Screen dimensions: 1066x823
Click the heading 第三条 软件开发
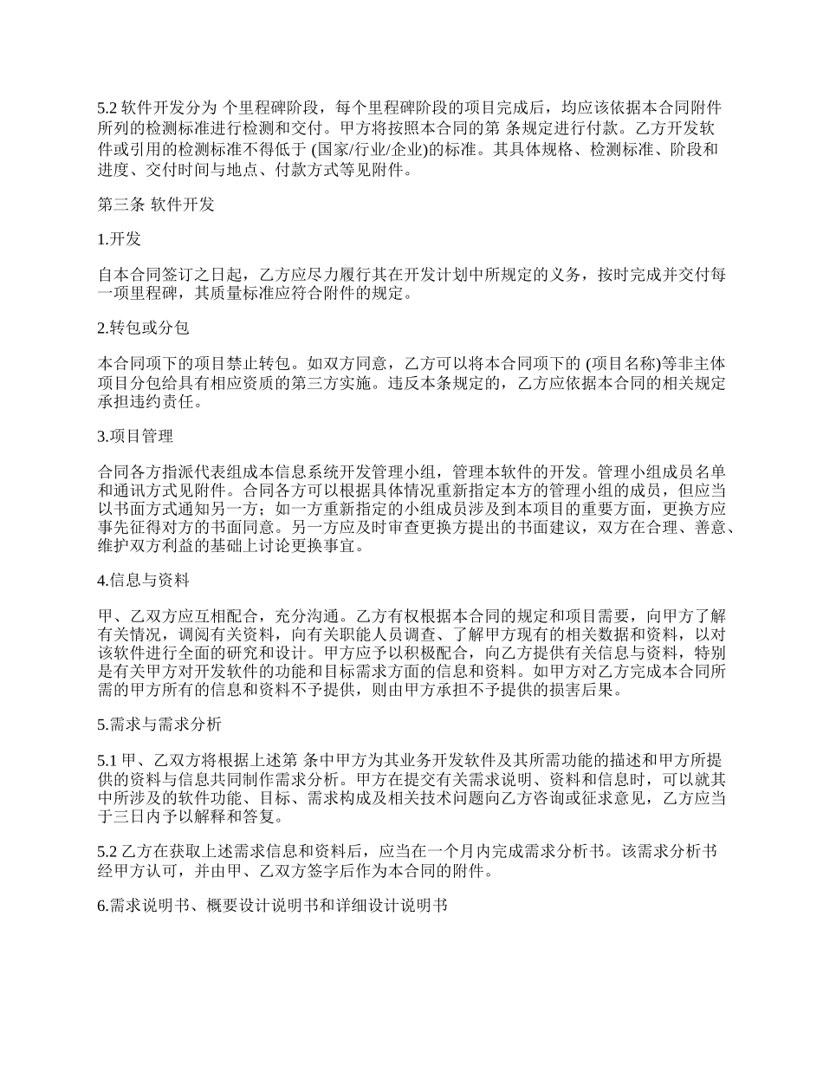point(155,205)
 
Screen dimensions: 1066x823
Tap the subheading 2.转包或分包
point(143,328)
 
